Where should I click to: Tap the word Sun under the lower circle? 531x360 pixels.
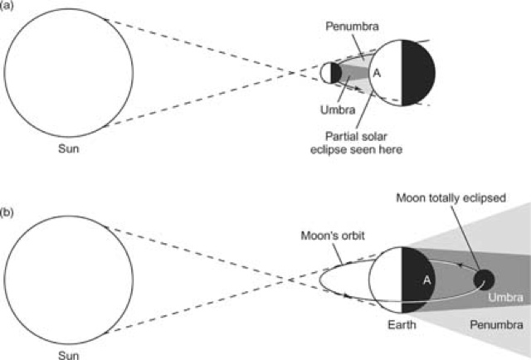point(68,352)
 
